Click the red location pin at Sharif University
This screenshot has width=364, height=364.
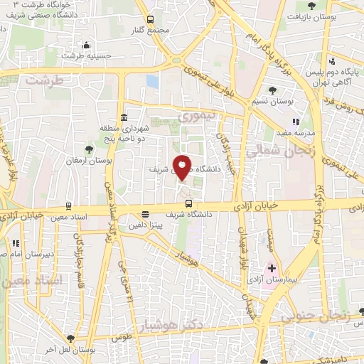pos(183,168)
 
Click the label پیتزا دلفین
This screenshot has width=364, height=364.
pos(145,225)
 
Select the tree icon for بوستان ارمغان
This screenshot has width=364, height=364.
pos(89,149)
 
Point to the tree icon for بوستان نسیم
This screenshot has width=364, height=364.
pos(274,90)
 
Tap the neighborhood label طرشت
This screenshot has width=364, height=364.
pos(45,80)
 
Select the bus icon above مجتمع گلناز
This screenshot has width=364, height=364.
pos(150,19)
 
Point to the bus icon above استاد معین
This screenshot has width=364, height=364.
pos(68,205)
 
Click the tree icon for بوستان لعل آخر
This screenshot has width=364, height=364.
pos(70,338)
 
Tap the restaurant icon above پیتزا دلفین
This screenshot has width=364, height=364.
pos(146,213)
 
